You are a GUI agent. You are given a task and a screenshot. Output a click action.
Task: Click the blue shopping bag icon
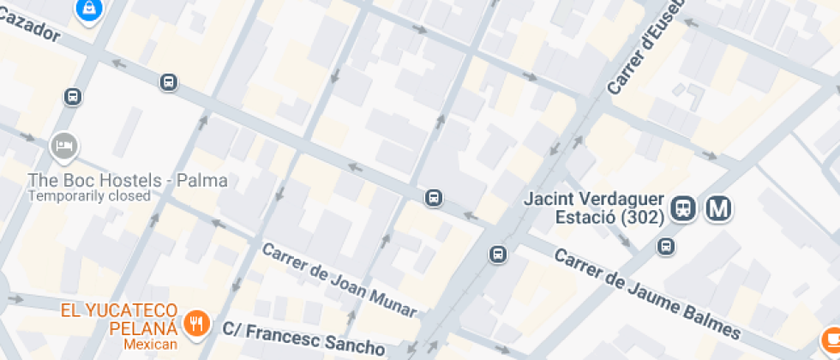tap(89, 9)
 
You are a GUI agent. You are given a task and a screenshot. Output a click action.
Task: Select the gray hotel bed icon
tap(63, 147)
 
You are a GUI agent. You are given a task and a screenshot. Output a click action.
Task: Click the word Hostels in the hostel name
tap(128, 180)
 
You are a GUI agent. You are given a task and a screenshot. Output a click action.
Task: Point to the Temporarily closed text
tap(89, 195)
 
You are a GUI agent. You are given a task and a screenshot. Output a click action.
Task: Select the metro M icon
tap(717, 208)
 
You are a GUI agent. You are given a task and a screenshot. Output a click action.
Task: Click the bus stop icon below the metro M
tap(665, 247)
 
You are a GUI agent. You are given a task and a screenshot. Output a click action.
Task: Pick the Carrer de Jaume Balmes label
tap(647, 293)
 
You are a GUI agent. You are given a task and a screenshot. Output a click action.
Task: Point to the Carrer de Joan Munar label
tap(339, 280)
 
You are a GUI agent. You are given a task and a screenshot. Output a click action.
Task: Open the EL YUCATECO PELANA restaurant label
tap(118, 318)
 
